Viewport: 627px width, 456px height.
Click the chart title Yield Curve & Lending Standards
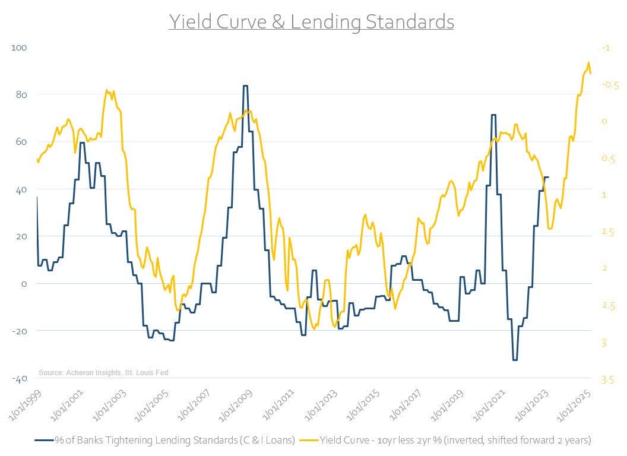[x=312, y=21]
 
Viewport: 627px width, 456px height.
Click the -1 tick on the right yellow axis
[x=606, y=47]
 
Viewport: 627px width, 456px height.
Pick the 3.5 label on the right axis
[x=607, y=379]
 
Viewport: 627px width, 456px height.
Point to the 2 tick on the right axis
[x=604, y=268]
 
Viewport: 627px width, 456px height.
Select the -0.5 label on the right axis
[x=610, y=85]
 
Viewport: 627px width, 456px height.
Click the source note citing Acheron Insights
[x=103, y=372]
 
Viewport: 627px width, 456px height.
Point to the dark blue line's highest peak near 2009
[x=245, y=85]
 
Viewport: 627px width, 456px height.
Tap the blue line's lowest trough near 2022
[x=515, y=360]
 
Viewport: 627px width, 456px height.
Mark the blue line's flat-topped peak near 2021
[x=493, y=115]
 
